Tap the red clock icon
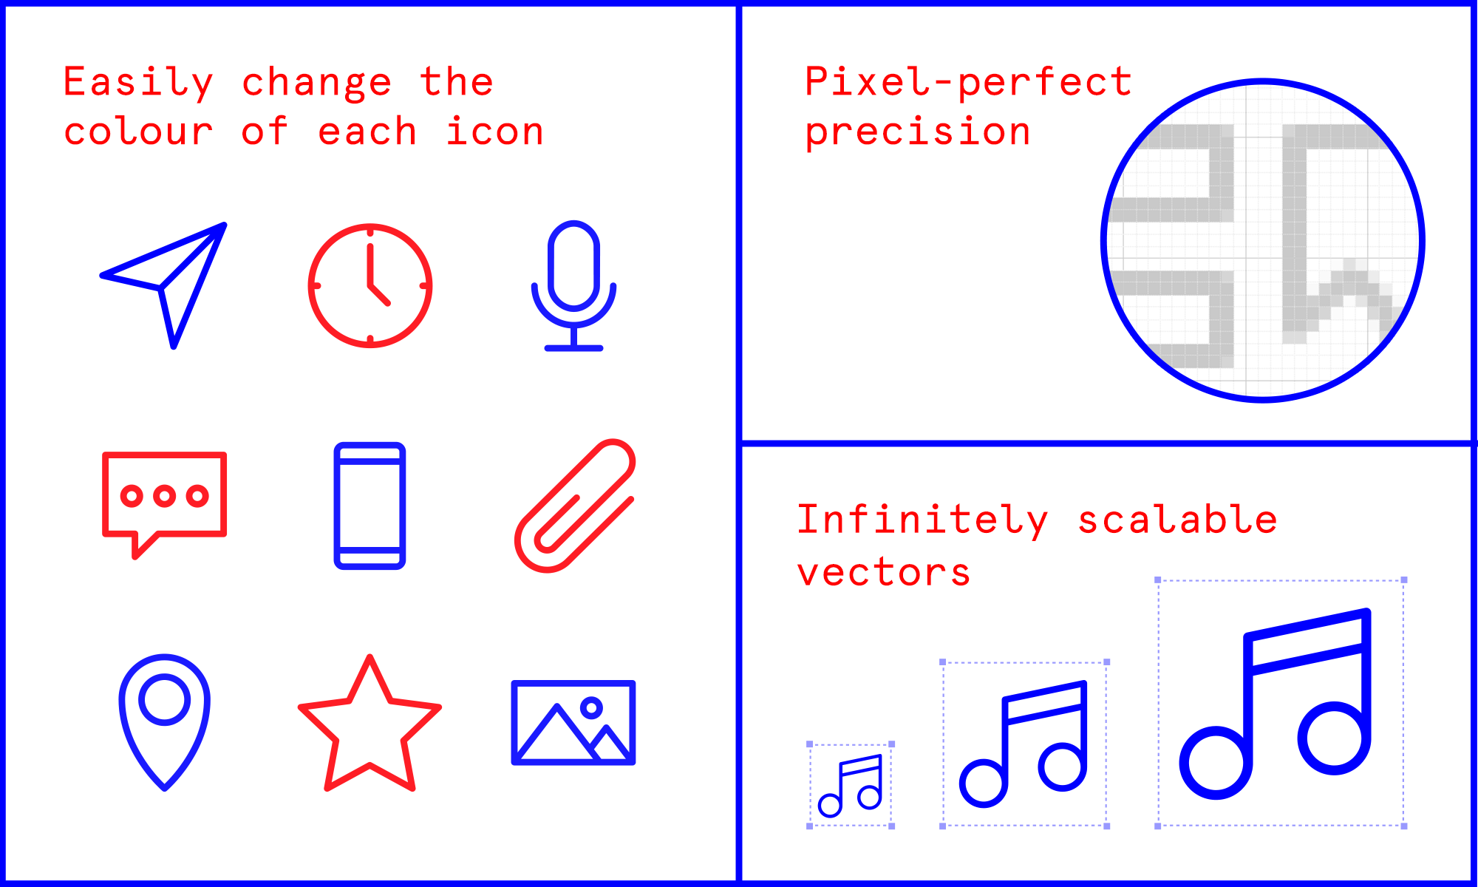point(370,285)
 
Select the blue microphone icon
point(573,285)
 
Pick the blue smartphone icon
point(369,506)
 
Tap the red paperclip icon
point(575,506)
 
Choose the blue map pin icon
point(165,721)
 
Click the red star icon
point(369,728)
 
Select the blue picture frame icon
point(573,722)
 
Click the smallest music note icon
point(851,785)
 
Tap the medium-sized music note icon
point(1024,744)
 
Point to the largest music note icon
point(1280,703)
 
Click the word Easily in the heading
point(138,83)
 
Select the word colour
point(138,132)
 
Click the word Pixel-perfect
point(968,83)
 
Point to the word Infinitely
point(922,520)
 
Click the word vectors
point(884,573)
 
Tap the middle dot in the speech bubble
point(164,495)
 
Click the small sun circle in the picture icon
point(591,708)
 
